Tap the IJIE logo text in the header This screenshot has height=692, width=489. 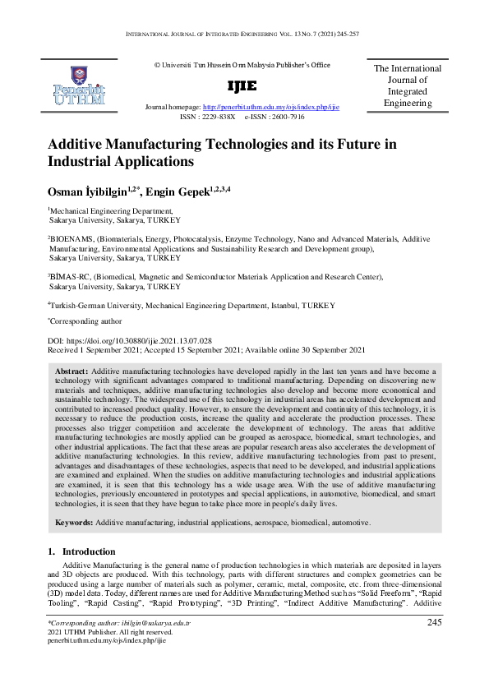click(242, 86)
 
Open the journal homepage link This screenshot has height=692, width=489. click(271, 108)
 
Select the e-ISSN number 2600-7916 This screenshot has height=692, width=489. click(286, 118)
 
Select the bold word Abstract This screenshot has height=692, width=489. click(72, 371)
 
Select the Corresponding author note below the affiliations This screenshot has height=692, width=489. click(85, 322)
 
